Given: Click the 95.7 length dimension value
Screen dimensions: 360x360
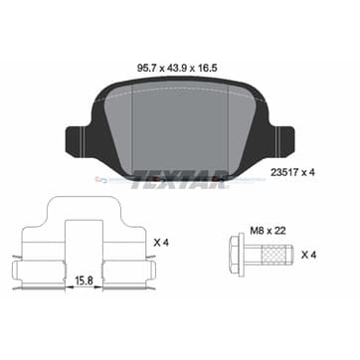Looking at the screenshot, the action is (x=146, y=69).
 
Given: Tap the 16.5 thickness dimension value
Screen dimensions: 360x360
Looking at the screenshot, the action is (x=207, y=69).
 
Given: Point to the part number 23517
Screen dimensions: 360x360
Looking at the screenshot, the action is (x=282, y=172).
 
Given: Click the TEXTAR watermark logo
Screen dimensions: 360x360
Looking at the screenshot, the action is (x=179, y=179).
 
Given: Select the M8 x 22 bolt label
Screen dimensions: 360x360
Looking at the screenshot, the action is (x=268, y=231).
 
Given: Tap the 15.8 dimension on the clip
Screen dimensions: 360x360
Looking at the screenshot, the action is (x=84, y=280).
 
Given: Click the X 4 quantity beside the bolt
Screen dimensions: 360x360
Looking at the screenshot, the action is (x=308, y=255).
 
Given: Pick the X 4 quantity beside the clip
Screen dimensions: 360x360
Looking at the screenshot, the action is (x=161, y=243).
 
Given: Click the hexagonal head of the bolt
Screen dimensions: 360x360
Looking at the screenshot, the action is (x=237, y=255).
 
